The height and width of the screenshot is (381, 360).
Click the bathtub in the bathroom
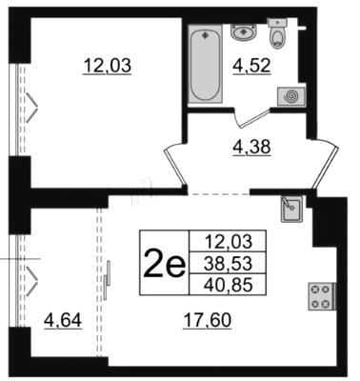(205, 64)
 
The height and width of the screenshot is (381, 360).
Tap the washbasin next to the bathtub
(244, 32)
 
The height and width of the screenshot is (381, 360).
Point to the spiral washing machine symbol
(291, 96)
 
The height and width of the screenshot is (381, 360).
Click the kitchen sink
(291, 209)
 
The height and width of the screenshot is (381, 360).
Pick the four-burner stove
(321, 296)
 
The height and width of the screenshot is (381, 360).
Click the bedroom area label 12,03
(107, 67)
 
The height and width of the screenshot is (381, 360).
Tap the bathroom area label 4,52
(251, 67)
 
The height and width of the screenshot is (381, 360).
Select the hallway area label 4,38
(251, 148)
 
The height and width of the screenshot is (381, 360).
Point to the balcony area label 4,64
(63, 320)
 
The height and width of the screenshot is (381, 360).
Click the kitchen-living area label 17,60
(207, 320)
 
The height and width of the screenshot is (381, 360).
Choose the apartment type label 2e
(164, 263)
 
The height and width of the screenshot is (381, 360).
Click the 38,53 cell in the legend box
(228, 263)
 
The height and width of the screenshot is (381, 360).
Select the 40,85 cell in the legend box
(228, 284)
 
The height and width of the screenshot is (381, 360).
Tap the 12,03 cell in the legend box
(228, 242)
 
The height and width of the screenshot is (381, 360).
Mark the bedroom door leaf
(175, 166)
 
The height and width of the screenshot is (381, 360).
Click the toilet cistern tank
(277, 22)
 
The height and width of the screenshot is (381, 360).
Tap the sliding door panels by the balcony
(107, 280)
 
